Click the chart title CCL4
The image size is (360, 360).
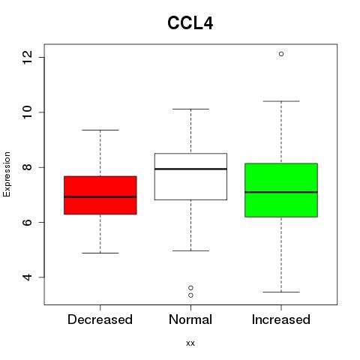pos(190,23)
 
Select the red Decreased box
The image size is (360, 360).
pos(100,195)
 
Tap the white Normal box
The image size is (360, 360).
pos(190,176)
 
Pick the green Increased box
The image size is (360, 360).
pos(281,190)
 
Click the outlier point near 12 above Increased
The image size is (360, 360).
pos(281,54)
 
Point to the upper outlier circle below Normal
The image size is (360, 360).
pos(190,288)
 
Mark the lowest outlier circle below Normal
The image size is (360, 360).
pos(190,295)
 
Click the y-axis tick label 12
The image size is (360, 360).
pos(28,57)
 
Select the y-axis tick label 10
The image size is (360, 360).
pos(28,112)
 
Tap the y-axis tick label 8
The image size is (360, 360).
pos(28,167)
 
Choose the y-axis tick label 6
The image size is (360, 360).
pos(28,222)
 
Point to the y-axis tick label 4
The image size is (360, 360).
pos(28,277)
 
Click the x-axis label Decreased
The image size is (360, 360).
pos(100,319)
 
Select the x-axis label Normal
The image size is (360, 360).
pos(190,319)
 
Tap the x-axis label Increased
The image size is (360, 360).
pos(281,319)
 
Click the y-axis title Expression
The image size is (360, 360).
pos(7,174)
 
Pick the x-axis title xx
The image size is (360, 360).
pos(190,343)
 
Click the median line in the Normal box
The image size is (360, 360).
pos(190,169)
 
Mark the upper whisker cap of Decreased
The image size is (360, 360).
pos(100,130)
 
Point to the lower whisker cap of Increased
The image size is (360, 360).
pos(281,292)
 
